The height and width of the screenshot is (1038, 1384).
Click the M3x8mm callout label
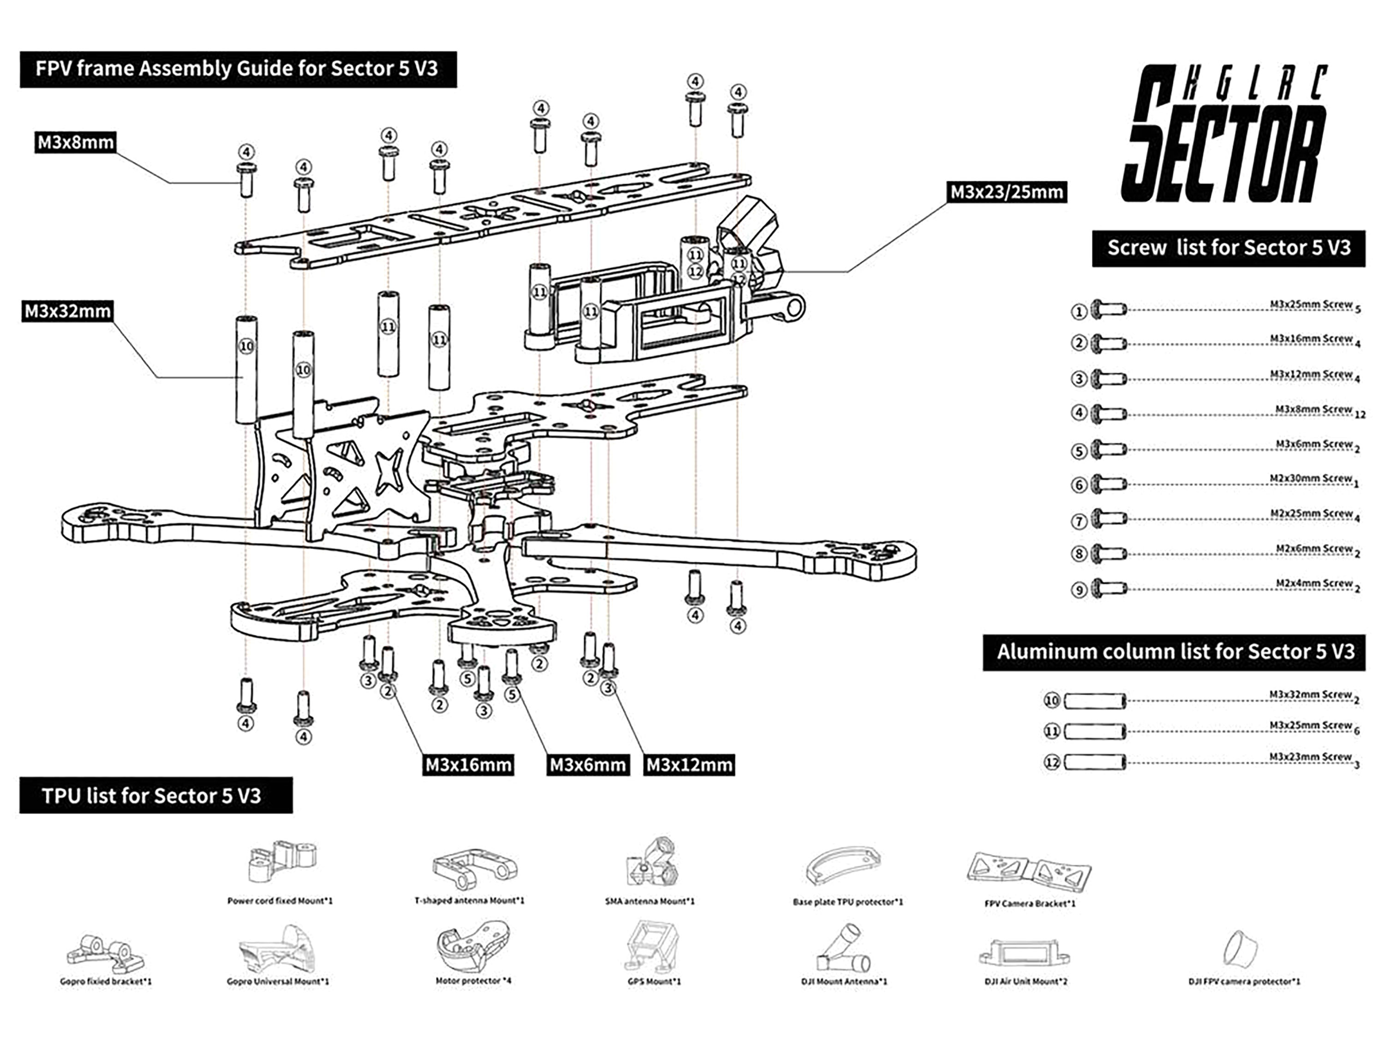76,143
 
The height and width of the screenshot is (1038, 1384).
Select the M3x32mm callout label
67,311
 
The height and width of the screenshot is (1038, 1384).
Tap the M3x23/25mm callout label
1006,192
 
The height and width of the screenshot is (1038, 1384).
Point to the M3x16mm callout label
468,764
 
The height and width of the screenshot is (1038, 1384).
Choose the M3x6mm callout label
588,764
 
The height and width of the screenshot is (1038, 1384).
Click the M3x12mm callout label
689,764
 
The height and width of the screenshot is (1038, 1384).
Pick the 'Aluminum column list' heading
1175,652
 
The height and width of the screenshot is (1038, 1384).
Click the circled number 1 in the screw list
1079,311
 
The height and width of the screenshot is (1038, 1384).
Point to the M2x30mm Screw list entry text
1311,479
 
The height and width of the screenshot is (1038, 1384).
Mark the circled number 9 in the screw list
1079,590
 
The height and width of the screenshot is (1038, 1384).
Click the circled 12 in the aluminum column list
1052,762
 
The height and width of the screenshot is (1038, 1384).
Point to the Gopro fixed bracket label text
106,981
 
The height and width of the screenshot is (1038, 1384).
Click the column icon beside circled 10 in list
1095,701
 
